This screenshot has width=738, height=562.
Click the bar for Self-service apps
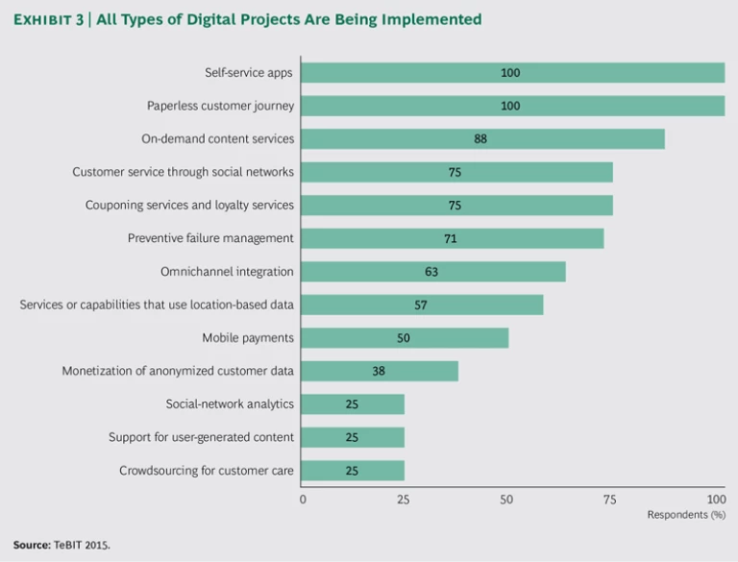point(513,73)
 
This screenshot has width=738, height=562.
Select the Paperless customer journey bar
point(513,106)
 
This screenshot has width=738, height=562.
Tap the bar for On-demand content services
point(483,139)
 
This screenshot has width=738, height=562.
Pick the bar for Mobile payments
point(406,338)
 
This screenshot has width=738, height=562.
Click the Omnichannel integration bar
point(433,272)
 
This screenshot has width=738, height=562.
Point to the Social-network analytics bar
point(353,404)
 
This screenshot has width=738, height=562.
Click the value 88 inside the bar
point(480,139)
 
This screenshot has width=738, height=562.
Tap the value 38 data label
point(379,371)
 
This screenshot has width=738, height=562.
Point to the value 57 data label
point(420,305)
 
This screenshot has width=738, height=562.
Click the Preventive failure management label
point(210,238)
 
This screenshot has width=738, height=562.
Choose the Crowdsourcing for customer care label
point(207,471)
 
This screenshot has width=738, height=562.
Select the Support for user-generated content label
point(201,437)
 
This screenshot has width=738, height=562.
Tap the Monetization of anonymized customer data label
point(178,371)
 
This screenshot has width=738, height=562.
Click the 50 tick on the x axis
point(507,500)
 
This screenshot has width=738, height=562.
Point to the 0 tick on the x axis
point(303,500)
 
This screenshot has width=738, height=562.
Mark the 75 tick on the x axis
point(609,500)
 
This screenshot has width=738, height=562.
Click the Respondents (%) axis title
point(686,515)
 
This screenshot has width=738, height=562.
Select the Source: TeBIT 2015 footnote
point(61,545)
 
